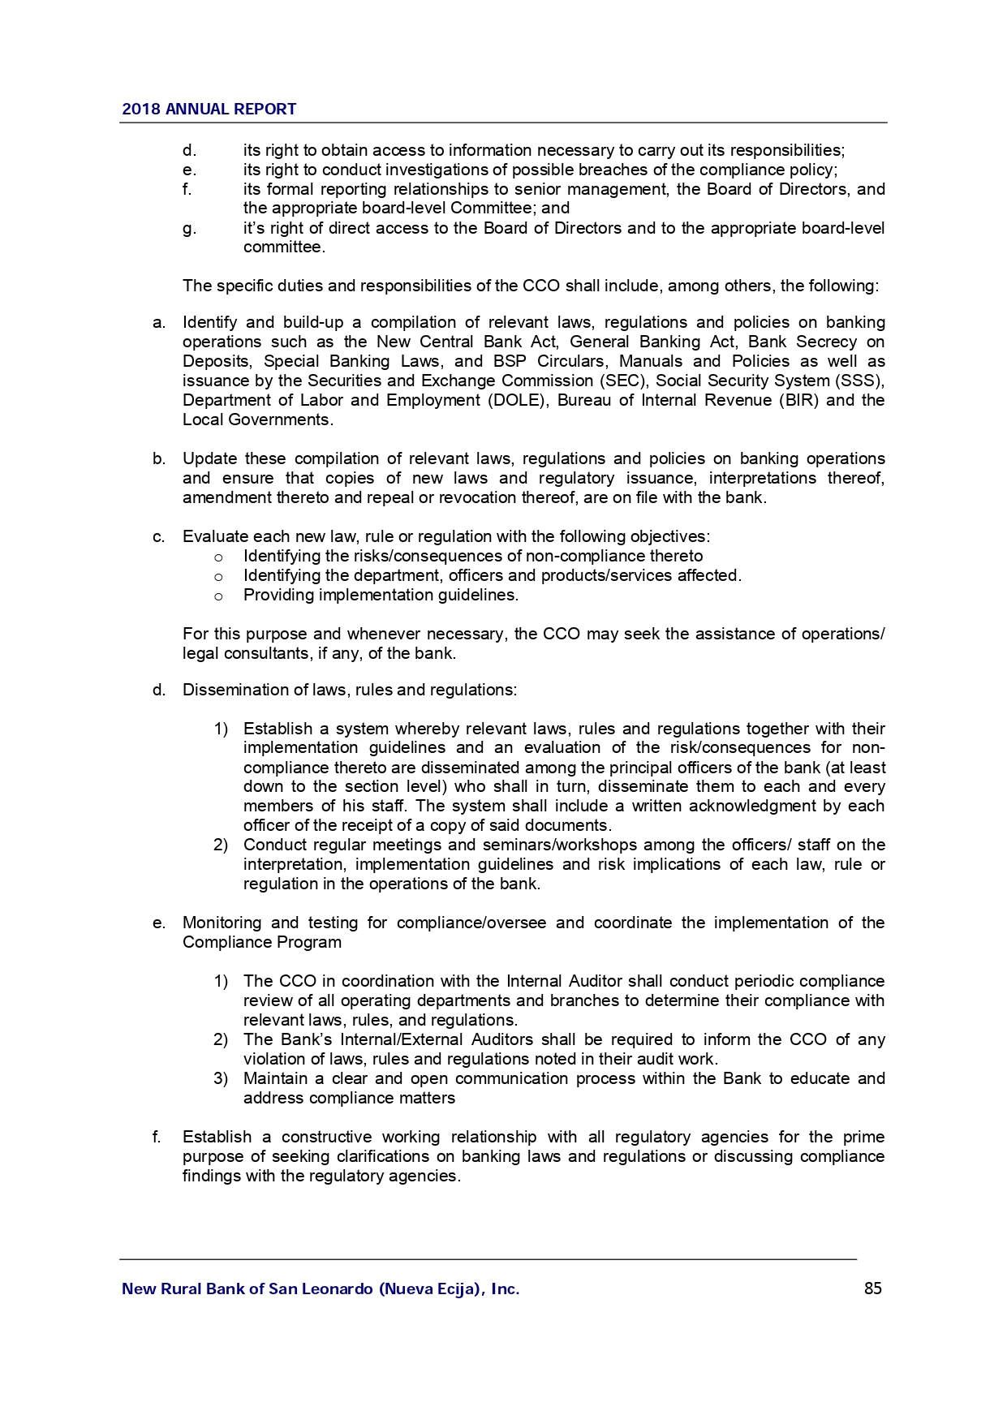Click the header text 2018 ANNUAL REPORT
(x=209, y=109)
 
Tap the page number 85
(x=872, y=1288)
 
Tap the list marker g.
(x=189, y=228)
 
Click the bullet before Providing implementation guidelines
(x=217, y=596)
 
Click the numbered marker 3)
(x=221, y=1078)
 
